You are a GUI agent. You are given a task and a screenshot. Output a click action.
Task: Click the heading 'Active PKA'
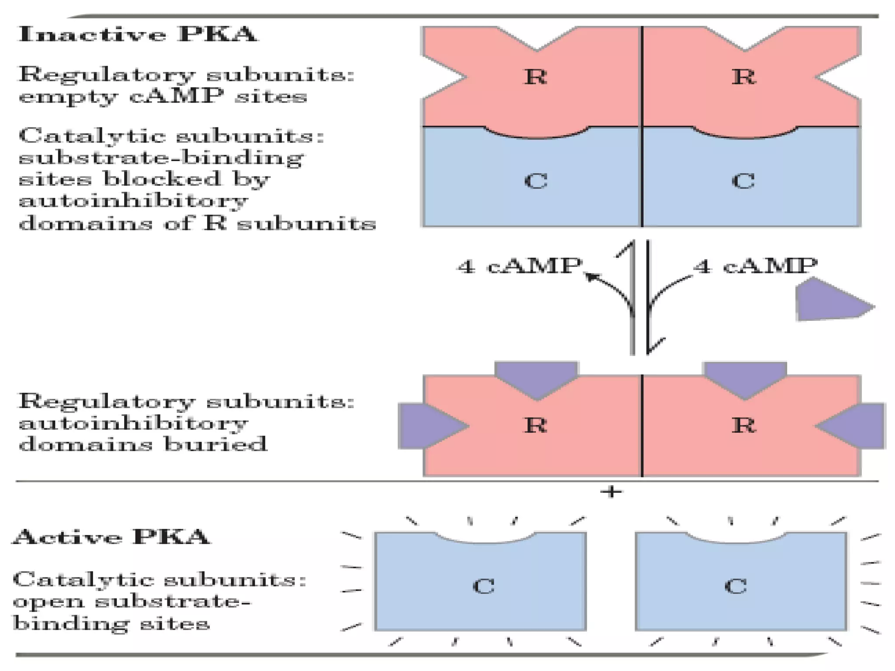click(112, 537)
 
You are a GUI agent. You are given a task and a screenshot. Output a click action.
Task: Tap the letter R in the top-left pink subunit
click(535, 77)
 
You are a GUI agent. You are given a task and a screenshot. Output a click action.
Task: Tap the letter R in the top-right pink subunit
click(743, 77)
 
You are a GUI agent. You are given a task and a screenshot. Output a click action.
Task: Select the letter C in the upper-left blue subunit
click(535, 180)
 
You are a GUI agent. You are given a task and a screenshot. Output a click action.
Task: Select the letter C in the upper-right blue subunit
click(743, 180)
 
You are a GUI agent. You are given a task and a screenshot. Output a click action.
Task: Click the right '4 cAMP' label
click(755, 266)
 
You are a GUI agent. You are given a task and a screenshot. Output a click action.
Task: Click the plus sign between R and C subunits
click(611, 492)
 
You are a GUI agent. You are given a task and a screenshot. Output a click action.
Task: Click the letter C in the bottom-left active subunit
click(484, 586)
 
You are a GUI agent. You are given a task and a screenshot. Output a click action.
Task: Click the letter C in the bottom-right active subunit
click(735, 586)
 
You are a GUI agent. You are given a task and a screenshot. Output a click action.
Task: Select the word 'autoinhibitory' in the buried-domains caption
click(133, 423)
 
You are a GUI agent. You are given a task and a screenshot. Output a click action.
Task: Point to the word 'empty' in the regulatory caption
click(68, 97)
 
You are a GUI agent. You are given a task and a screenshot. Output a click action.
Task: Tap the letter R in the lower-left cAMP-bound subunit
click(535, 425)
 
